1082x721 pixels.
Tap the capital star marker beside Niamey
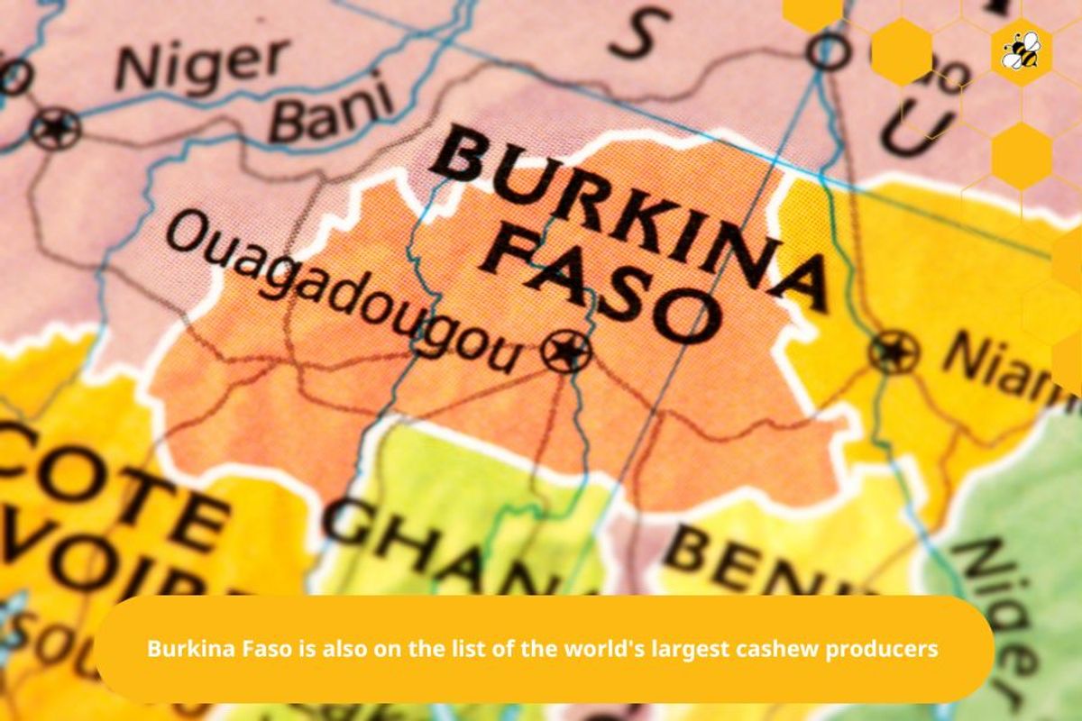point(894,351)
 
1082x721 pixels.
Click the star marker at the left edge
point(55,130)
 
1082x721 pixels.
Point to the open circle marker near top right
point(827,51)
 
